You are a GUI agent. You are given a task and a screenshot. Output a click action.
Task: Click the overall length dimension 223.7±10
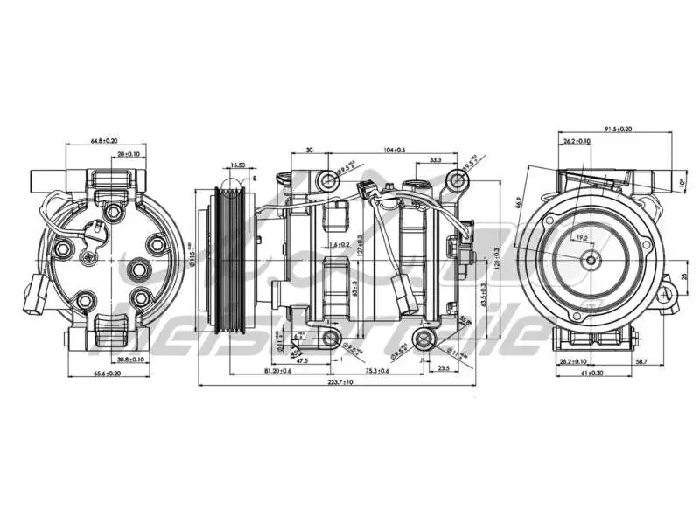click(346, 383)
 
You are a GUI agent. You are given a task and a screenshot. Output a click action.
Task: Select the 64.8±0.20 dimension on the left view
click(104, 140)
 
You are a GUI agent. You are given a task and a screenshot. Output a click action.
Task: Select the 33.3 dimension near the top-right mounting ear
click(435, 160)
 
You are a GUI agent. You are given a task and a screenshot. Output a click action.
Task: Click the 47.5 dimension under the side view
click(302, 360)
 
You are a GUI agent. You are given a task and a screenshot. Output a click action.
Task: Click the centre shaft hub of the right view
click(591, 259)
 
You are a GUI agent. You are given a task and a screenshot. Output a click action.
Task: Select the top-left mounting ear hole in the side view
click(328, 182)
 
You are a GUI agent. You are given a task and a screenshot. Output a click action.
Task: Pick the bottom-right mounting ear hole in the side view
click(426, 339)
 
